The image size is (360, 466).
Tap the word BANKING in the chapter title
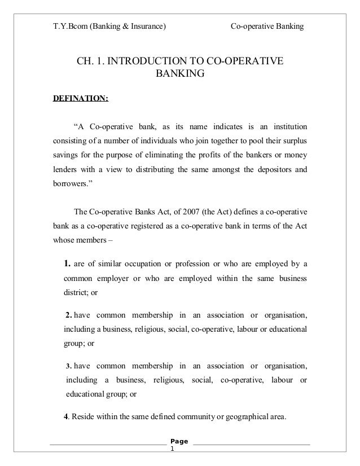pos(180,74)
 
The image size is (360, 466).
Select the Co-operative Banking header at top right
pos(267,26)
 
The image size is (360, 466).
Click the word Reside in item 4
pos(84,417)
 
